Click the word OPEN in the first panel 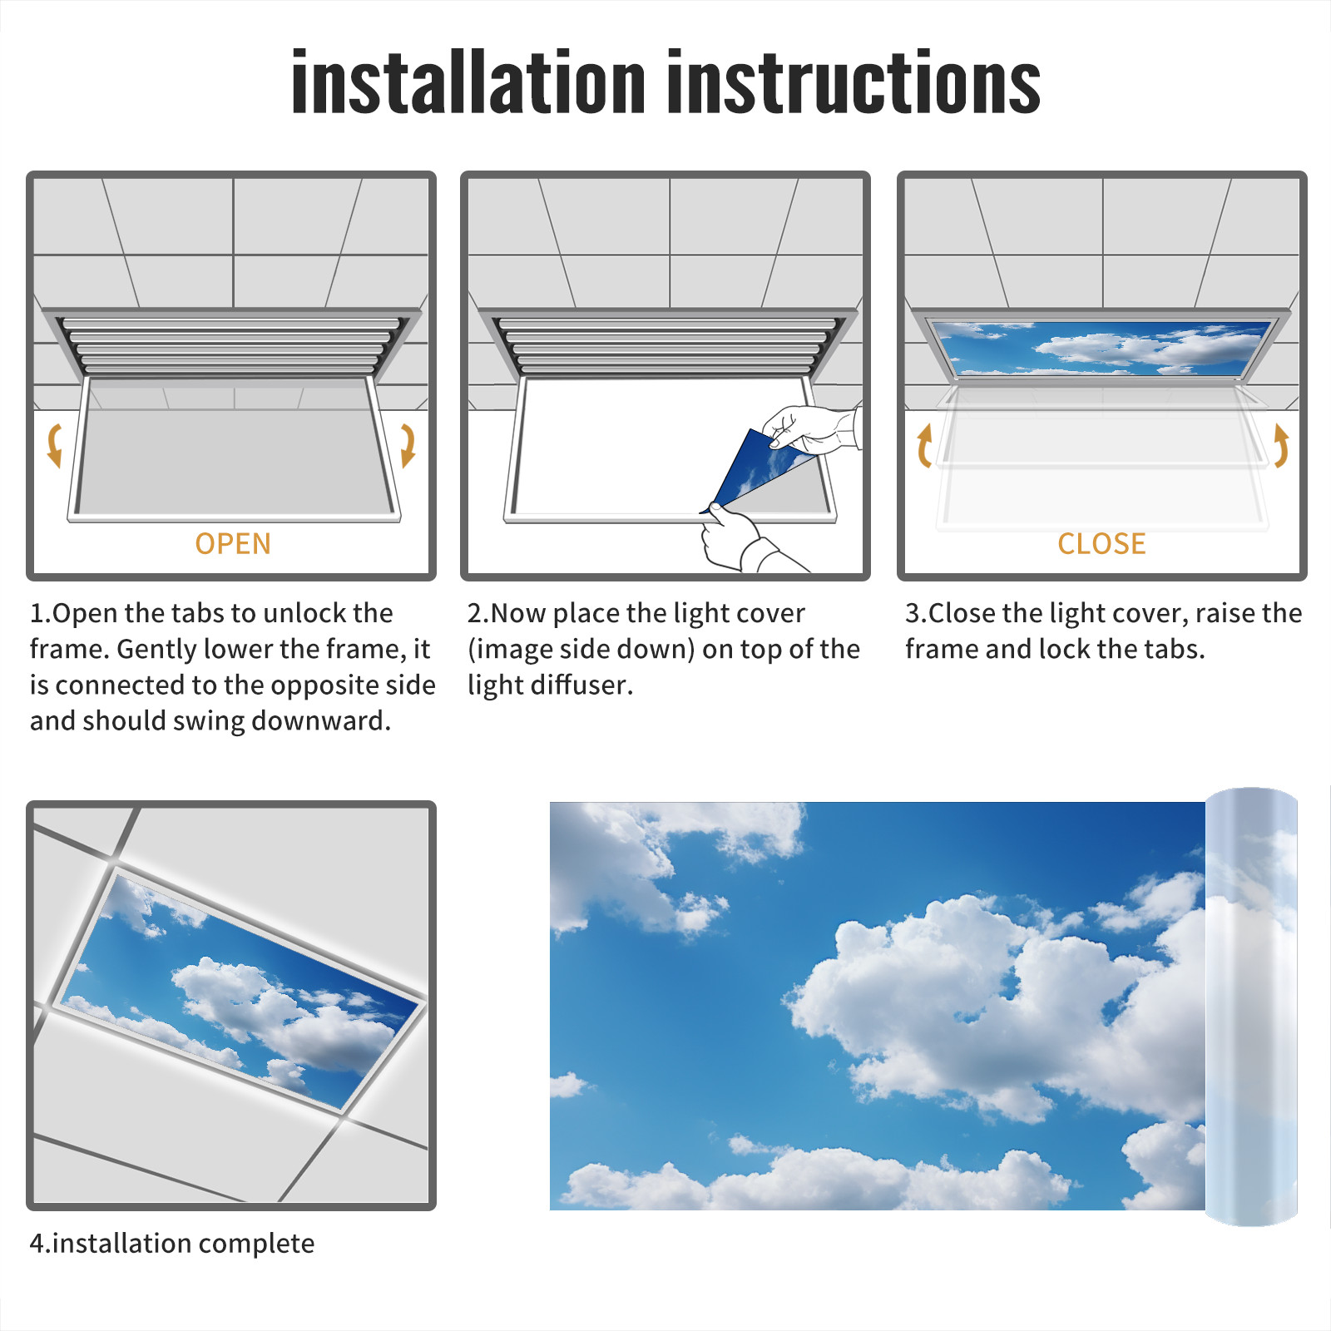233,544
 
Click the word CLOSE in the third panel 1101,544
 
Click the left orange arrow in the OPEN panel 54,445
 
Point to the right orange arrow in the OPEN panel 408,445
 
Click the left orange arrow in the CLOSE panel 923,445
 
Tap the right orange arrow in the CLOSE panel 1281,445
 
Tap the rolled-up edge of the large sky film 1251,1007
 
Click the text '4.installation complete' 172,1244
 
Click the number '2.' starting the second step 478,614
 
